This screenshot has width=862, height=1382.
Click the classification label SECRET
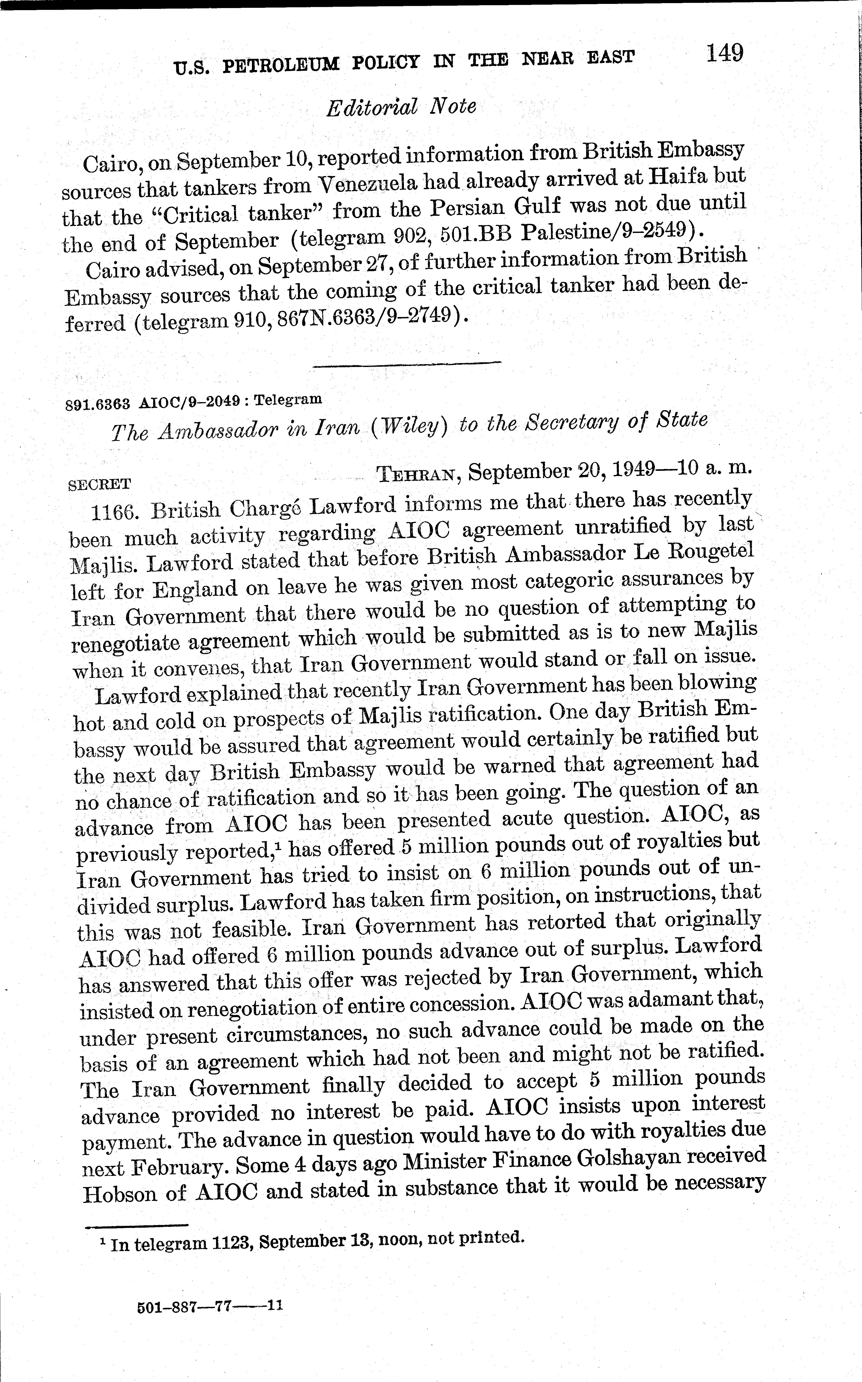(100, 484)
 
